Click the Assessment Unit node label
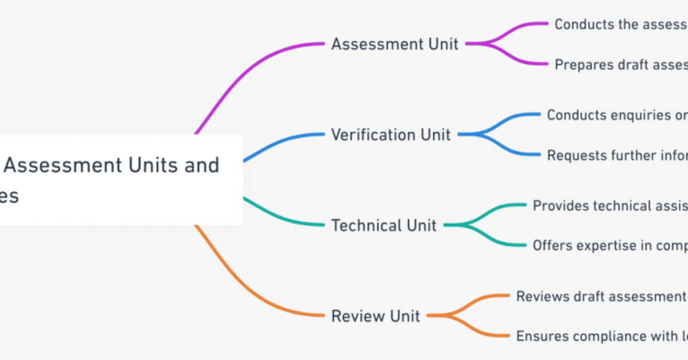click(394, 44)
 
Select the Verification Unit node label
click(390, 135)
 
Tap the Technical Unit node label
click(384, 225)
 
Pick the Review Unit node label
click(376, 316)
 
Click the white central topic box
click(115, 179)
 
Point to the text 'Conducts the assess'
click(620, 24)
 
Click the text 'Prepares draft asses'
click(620, 65)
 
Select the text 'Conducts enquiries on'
click(617, 115)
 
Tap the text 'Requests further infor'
click(617, 155)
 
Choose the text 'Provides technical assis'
click(610, 205)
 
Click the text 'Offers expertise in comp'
click(610, 246)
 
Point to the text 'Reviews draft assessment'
click(601, 296)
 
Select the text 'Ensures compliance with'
click(601, 336)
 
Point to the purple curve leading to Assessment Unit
click(241, 75)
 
